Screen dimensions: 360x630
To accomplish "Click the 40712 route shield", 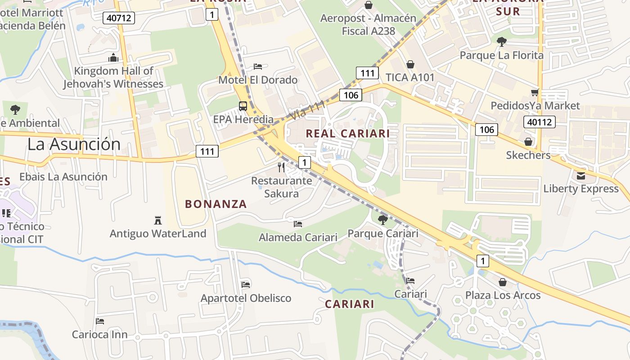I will (119, 18).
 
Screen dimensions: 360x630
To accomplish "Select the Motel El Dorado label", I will (258, 80).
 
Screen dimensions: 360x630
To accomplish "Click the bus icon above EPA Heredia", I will (243, 106).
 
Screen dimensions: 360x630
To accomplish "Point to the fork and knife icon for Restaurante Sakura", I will (282, 167).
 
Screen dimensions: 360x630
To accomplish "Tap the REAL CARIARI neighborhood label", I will (348, 134).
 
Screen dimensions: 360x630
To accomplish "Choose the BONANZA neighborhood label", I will (216, 204).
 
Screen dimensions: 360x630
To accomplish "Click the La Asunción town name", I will (74, 144).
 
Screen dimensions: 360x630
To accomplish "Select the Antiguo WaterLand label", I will (158, 234).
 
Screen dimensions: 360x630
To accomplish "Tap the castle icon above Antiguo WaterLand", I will (158, 220).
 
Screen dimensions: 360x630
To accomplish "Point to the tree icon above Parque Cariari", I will (383, 220).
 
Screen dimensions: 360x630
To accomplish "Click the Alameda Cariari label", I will (298, 237).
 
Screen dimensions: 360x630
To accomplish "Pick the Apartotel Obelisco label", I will (246, 298).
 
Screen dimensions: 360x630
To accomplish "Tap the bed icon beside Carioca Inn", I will (100, 321).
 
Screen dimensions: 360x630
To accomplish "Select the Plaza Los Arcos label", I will (503, 295).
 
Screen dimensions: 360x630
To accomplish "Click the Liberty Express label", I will (581, 189).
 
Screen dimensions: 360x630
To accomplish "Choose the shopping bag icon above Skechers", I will (528, 142).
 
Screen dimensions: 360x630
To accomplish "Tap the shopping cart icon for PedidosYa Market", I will (535, 93).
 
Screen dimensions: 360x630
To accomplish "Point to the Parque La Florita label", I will (501, 55).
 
